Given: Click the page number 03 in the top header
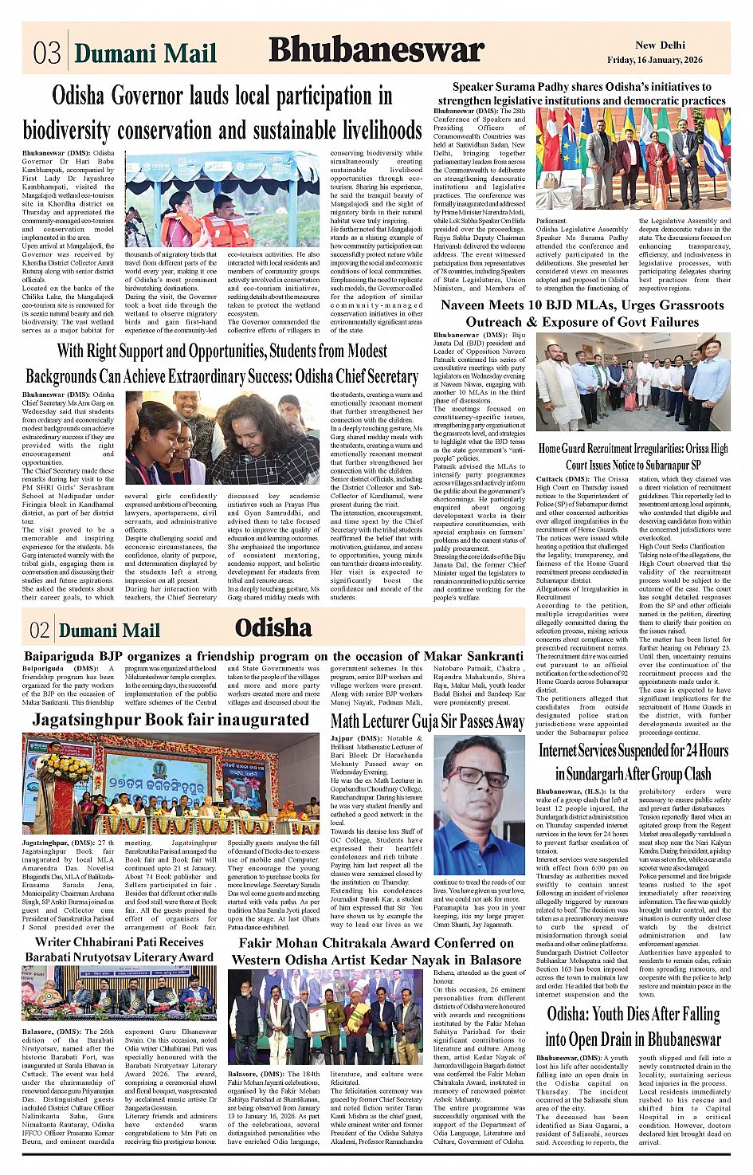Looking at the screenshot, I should (x=47, y=53).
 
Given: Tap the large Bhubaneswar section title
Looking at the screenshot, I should (x=376, y=51).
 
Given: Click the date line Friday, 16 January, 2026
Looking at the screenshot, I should (x=666, y=60).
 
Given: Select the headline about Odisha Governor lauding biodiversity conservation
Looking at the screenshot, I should (x=222, y=113).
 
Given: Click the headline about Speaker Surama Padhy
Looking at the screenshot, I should (x=582, y=93).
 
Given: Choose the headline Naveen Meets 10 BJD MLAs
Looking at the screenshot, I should (x=582, y=313).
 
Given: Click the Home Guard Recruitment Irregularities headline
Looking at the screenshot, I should (x=633, y=456).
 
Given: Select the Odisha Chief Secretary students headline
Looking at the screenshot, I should (x=222, y=364).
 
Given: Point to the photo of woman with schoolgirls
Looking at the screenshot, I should (x=222, y=438).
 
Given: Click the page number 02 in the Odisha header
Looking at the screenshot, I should (x=39, y=631).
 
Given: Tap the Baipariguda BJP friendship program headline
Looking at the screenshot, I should (x=273, y=656).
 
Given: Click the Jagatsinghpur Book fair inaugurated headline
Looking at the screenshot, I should (x=170, y=720).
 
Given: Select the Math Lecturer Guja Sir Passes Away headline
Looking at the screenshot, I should (x=427, y=721).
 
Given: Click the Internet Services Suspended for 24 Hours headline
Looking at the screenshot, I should (x=633, y=761).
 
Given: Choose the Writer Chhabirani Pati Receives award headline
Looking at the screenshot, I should (x=119, y=949).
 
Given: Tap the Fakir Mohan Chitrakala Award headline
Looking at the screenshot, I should (x=376, y=951).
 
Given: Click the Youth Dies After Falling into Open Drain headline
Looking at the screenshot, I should (x=633, y=1027).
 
